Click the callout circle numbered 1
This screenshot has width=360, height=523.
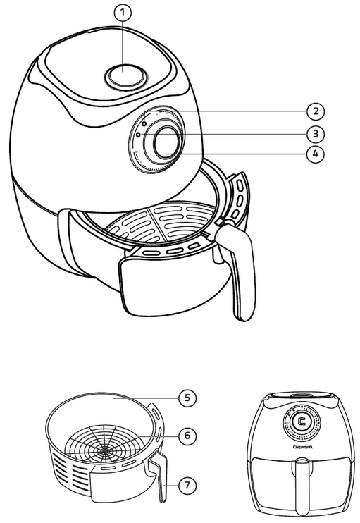tap(124, 12)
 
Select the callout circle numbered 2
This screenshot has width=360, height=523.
tap(316, 111)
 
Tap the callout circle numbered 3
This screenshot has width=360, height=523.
tap(316, 133)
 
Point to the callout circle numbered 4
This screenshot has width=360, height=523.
tap(316, 153)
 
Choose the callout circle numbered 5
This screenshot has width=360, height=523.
tap(186, 398)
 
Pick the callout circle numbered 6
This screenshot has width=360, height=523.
tap(186, 436)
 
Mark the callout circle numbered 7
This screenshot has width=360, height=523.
tap(186, 486)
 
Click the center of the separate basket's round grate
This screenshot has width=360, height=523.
tap(108, 448)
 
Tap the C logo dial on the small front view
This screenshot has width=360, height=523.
tap(302, 424)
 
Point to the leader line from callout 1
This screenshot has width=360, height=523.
tap(124, 42)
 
